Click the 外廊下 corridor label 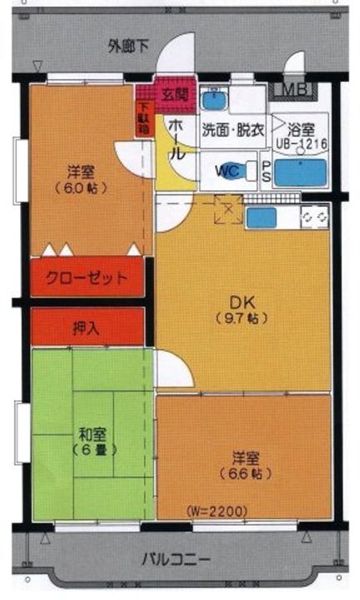click(128, 47)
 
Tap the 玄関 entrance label click(174, 93)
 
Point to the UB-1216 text click(301, 143)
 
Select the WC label click(227, 170)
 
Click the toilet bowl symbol click(250, 169)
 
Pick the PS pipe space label click(266, 172)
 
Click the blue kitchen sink click(261, 217)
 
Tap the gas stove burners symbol click(314, 217)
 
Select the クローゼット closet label click(87, 277)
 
